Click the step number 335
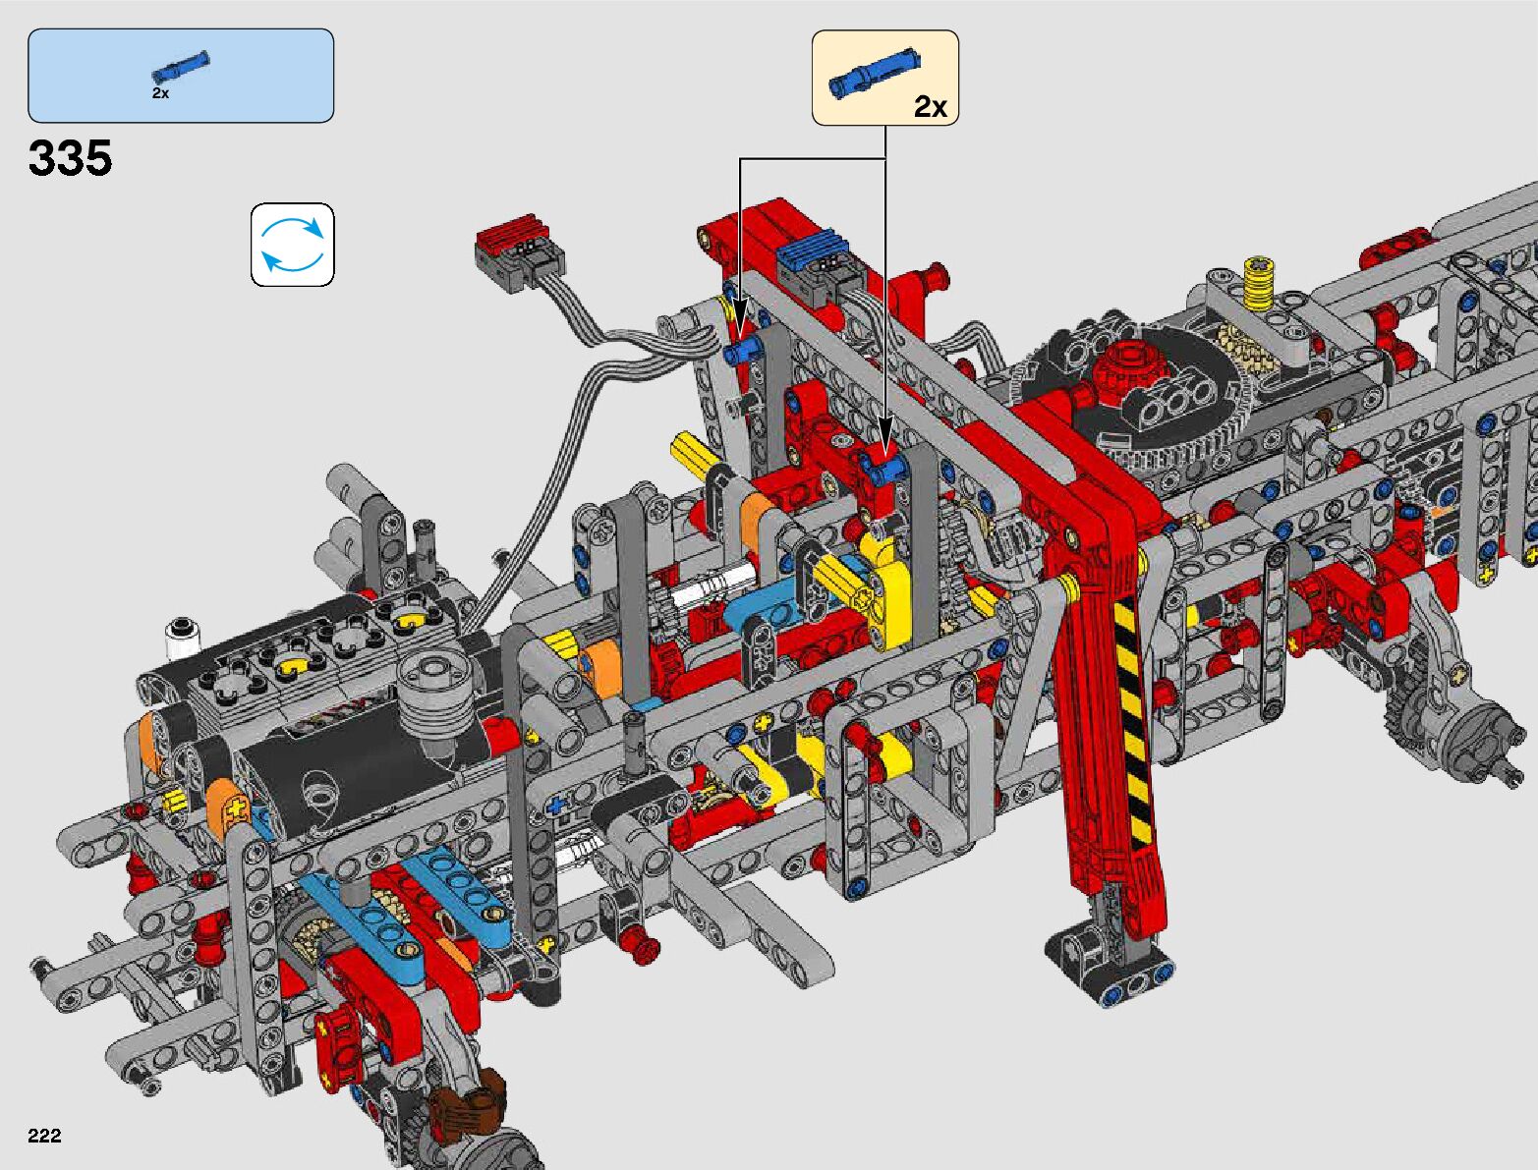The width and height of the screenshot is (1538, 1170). click(70, 157)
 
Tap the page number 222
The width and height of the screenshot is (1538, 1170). click(44, 1135)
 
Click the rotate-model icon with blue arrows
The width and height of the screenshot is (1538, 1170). click(292, 245)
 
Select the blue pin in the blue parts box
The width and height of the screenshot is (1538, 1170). click(180, 68)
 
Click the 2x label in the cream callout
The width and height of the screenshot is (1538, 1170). click(931, 106)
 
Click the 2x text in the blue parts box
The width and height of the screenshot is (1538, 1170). click(160, 93)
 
